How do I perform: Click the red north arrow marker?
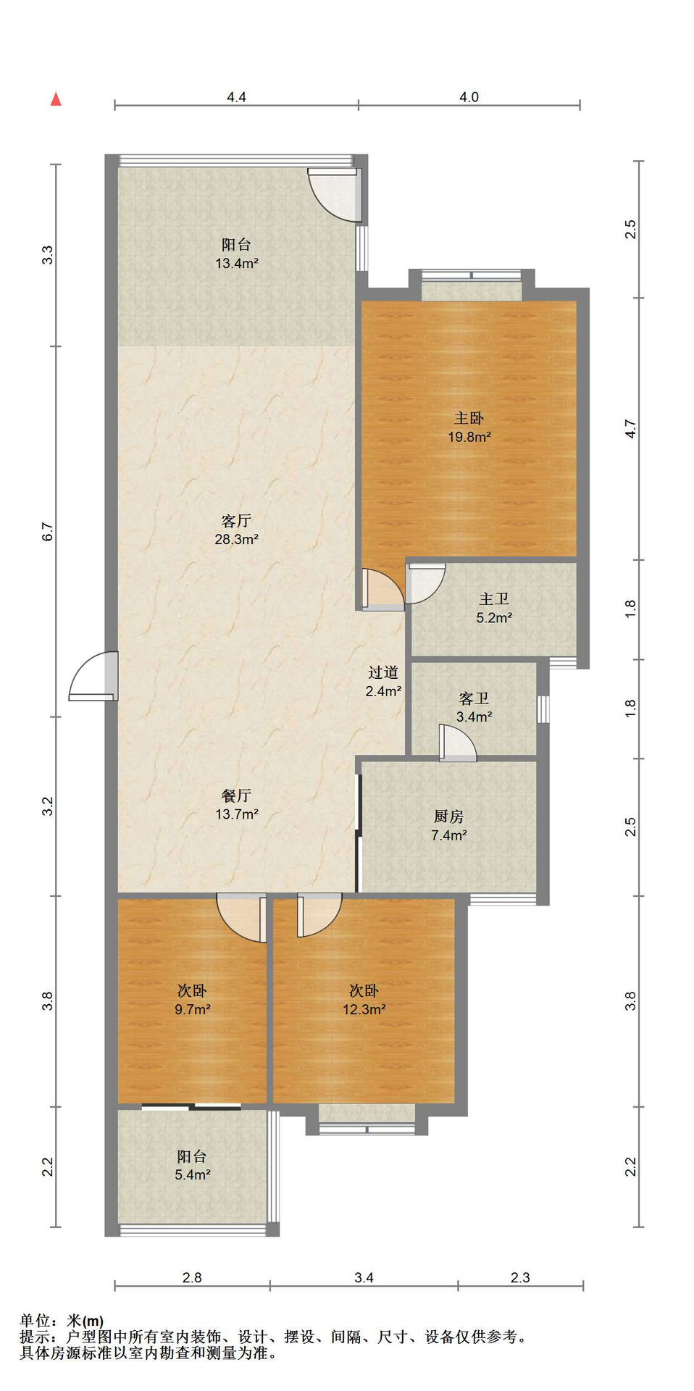(56, 99)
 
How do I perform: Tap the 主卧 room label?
(469, 418)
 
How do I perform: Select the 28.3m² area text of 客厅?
(236, 539)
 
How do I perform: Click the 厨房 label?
(448, 816)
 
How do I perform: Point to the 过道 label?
(383, 672)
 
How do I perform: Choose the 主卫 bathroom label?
(494, 599)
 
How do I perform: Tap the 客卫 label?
(474, 698)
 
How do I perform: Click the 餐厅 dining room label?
(236, 795)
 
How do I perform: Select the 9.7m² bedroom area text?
(193, 1009)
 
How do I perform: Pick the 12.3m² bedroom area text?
(364, 1009)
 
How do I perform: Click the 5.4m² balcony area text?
(193, 1175)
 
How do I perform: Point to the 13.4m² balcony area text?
(236, 264)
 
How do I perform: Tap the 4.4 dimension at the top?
(236, 97)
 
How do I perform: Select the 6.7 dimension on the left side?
(48, 532)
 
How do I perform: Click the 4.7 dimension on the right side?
(631, 429)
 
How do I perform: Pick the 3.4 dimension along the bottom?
(364, 1277)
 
